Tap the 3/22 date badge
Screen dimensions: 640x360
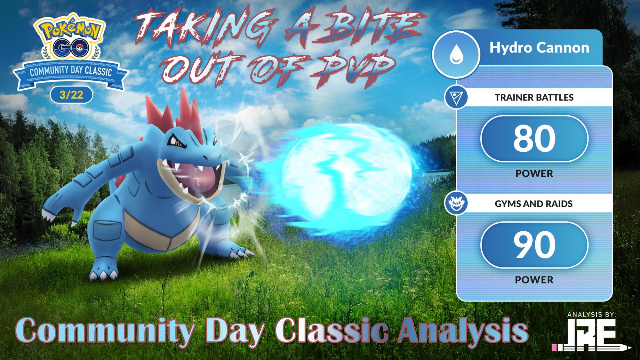tap(71, 95)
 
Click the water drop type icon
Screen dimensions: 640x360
tap(456, 54)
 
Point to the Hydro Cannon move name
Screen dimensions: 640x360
tap(539, 48)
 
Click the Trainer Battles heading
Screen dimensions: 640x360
tap(534, 97)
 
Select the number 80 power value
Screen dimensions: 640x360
tap(534, 138)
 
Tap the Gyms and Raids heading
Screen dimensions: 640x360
tap(534, 204)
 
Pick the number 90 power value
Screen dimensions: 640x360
tap(534, 245)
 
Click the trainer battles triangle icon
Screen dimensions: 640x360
tap(456, 97)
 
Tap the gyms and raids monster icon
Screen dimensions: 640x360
tap(456, 204)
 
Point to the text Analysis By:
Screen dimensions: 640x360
tap(591, 315)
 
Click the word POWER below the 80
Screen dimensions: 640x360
tap(534, 173)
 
